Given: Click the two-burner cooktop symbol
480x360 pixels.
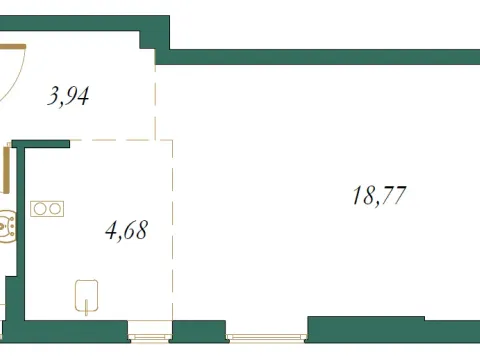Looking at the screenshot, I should (x=48, y=209).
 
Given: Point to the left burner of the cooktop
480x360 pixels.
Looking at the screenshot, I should (x=41, y=209).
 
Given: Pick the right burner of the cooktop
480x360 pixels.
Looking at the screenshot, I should (x=55, y=209).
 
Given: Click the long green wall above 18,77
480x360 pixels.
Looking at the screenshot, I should (x=320, y=56).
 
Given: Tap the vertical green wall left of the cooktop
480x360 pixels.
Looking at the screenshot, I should (x=20, y=230).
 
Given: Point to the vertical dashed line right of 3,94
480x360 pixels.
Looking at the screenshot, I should (x=156, y=100).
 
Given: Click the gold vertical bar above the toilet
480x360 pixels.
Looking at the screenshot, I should (x=8, y=175).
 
